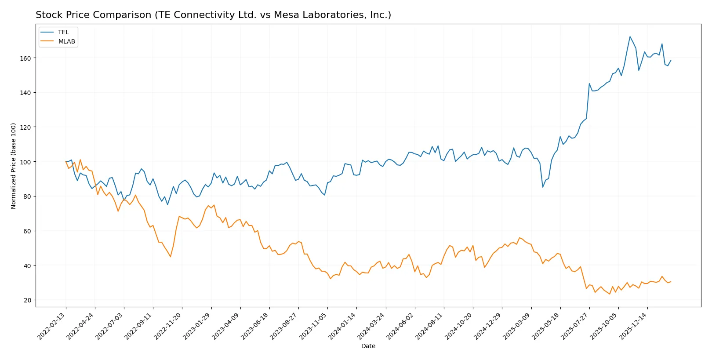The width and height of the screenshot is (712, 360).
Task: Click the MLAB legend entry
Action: click(x=66, y=41)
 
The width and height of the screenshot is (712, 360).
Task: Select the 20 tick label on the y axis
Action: click(x=27, y=300)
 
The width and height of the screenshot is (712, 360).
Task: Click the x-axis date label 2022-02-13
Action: click(x=51, y=326)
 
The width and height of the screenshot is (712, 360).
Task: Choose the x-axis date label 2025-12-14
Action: click(x=633, y=326)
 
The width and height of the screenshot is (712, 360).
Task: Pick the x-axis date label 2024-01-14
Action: click(x=342, y=326)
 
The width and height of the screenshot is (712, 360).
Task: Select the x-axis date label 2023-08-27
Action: click(x=284, y=326)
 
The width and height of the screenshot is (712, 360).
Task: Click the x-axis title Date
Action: click(x=368, y=346)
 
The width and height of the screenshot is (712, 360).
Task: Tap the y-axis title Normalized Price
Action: click(x=14, y=166)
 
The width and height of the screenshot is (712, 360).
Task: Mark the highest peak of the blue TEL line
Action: click(x=630, y=36)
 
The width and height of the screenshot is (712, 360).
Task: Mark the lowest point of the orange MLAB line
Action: click(x=610, y=294)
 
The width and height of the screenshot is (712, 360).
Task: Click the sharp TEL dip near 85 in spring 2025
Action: click(x=543, y=187)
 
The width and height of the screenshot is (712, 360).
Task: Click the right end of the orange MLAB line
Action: click(x=671, y=282)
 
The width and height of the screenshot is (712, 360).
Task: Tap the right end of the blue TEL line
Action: click(x=671, y=61)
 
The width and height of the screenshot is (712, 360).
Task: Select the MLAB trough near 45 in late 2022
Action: click(x=171, y=257)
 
